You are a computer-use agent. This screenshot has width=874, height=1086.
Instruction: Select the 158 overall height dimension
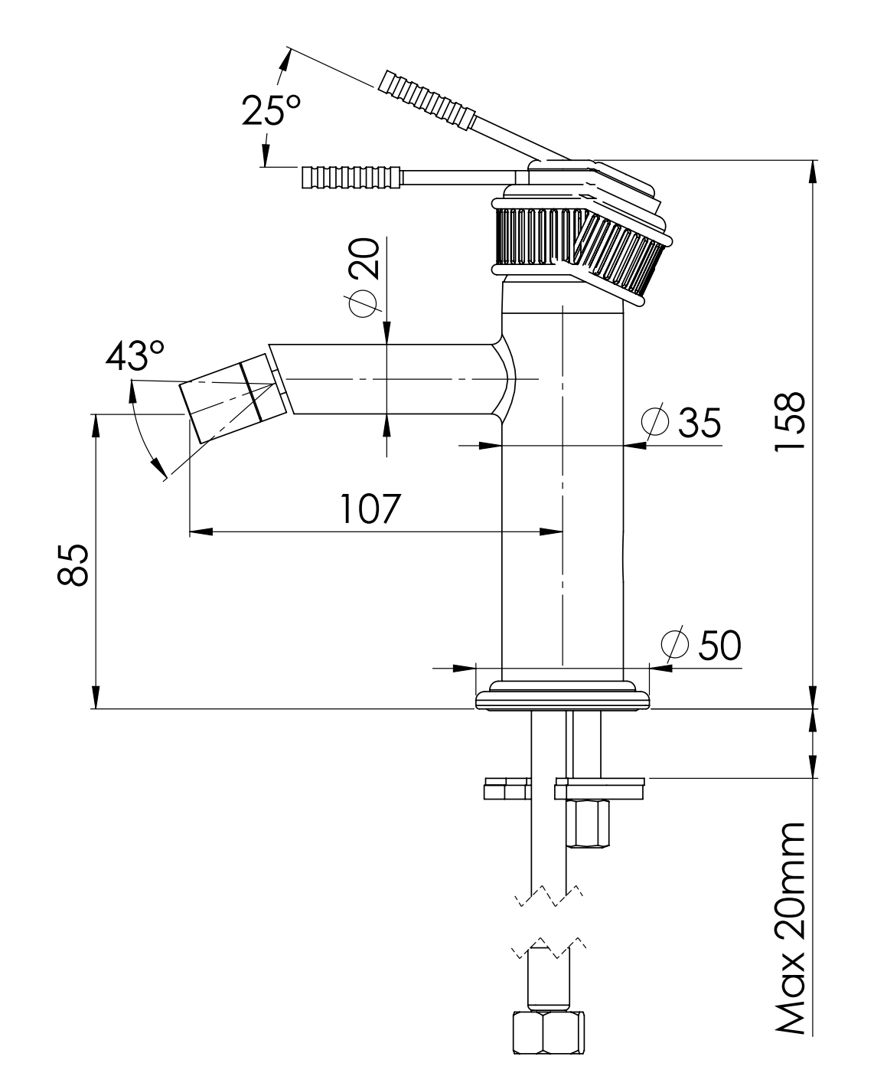[788, 421]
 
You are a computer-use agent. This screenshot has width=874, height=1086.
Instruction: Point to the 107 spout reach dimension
[370, 509]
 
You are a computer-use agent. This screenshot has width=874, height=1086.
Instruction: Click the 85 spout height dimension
[74, 565]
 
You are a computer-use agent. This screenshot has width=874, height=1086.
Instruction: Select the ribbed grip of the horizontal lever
[351, 177]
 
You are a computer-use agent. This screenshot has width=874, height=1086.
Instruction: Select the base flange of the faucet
[563, 698]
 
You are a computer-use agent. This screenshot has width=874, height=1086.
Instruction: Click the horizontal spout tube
[383, 379]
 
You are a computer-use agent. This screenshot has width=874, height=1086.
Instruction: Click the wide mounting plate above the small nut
[600, 784]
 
